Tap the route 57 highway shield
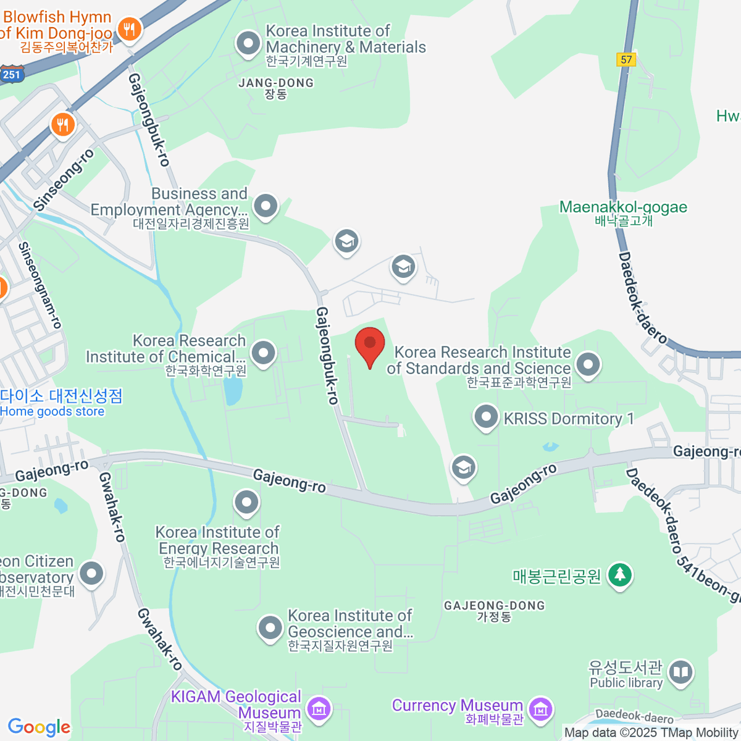626,59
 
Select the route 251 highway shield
11,74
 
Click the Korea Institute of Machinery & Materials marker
248,44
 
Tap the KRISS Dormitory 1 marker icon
486,417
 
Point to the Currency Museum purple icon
541,709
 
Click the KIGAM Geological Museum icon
319,709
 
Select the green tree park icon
619,575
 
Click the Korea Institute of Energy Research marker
246,502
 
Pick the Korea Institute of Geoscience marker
270,629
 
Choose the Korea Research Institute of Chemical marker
264,354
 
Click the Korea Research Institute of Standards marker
588,364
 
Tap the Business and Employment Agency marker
266,206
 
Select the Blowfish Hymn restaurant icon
129,28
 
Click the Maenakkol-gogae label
623,207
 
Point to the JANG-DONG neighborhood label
276,83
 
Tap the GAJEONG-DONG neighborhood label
494,606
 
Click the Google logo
39,727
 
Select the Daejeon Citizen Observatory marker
92,573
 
